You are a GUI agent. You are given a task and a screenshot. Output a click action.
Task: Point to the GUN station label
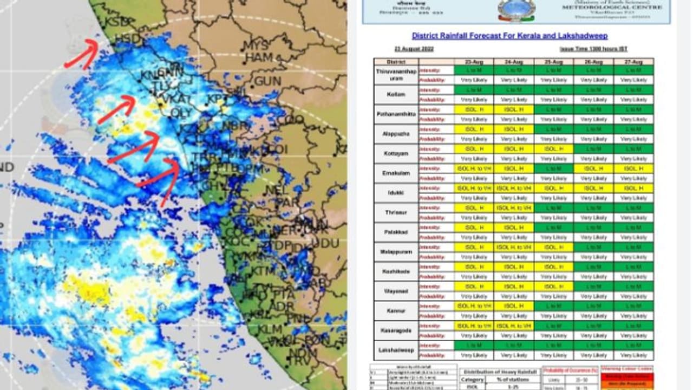267,81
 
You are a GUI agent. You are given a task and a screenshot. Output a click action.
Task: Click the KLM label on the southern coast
269,329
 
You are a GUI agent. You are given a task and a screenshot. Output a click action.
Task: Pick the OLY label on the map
181,113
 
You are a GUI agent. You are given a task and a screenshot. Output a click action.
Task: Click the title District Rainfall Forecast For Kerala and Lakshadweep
509,36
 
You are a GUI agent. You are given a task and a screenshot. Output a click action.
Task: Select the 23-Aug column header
474,62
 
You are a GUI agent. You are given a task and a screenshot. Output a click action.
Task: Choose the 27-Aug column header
633,62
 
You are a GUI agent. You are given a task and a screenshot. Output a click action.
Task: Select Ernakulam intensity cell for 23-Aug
474,168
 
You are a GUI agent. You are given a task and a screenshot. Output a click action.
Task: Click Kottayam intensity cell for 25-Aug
553,148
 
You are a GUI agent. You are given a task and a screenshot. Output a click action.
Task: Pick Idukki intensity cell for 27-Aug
633,188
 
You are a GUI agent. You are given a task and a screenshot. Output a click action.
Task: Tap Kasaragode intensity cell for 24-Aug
514,326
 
